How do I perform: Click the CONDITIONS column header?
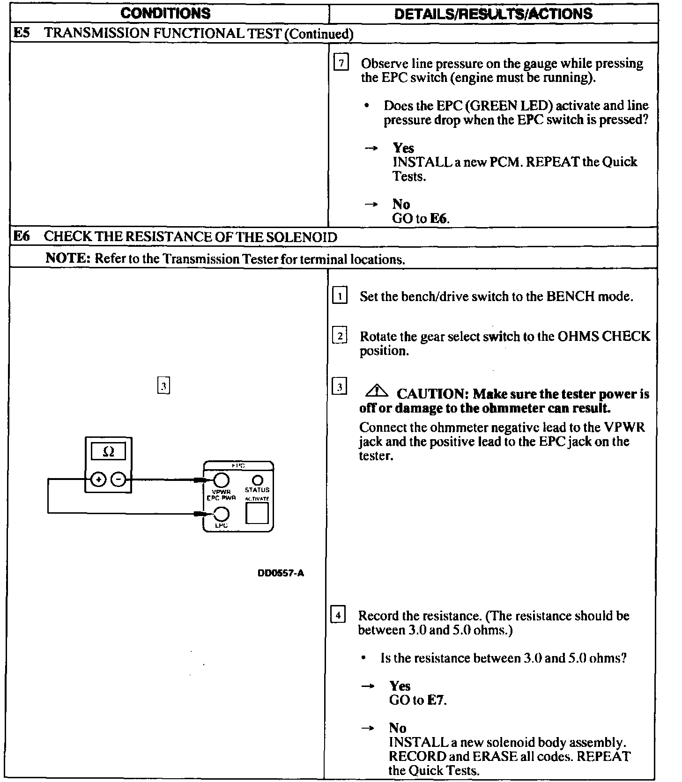pyautogui.click(x=165, y=13)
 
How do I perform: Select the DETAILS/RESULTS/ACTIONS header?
pyautogui.click(x=493, y=14)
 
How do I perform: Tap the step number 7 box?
pyautogui.click(x=341, y=62)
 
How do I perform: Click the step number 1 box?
pyautogui.click(x=340, y=296)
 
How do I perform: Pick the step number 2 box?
pyautogui.click(x=340, y=336)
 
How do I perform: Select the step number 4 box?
pyautogui.click(x=338, y=614)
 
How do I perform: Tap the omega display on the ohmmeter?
pyautogui.click(x=108, y=451)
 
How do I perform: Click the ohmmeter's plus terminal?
pyautogui.click(x=98, y=479)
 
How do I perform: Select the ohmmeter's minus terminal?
pyautogui.click(x=119, y=479)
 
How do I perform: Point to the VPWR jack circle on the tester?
pyautogui.click(x=221, y=480)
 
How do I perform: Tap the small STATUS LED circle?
pyautogui.click(x=257, y=480)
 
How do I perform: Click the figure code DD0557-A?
pyautogui.click(x=281, y=573)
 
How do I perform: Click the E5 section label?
pyautogui.click(x=22, y=33)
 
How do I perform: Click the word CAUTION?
pyautogui.click(x=431, y=394)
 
